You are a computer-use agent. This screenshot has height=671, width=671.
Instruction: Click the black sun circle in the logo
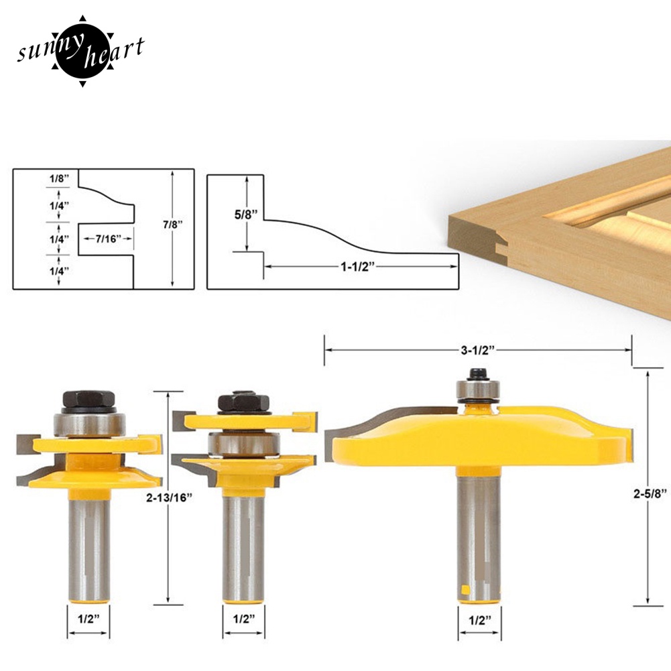point(80,50)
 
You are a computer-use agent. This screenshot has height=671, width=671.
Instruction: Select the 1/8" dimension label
point(58,180)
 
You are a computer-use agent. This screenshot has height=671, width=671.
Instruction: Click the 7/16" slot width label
point(107,238)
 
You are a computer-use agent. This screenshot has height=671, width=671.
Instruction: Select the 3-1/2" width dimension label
point(477,350)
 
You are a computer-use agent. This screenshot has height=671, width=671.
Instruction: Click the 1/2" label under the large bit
point(480,619)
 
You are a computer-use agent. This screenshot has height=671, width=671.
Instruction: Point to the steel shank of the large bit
point(478,530)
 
